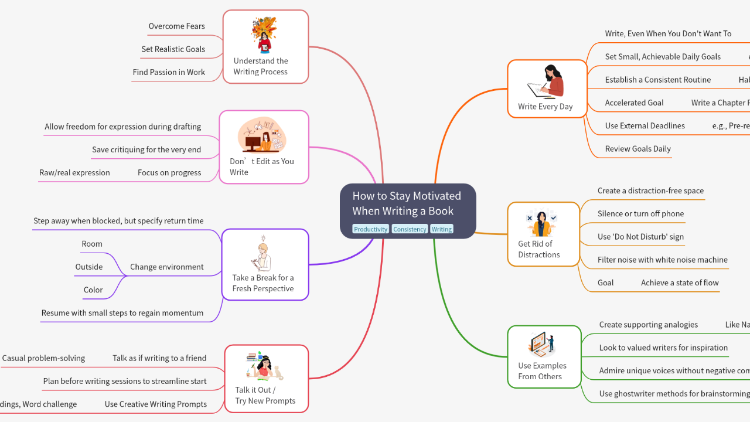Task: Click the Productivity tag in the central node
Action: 370,229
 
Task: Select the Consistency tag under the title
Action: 410,229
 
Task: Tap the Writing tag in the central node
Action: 442,229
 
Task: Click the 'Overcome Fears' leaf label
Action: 176,26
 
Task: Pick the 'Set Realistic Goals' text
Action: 173,49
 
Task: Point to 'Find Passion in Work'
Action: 169,72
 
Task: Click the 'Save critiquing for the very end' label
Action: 146,149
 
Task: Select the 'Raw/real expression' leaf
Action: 74,172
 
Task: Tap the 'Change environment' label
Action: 167,267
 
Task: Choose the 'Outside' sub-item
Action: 89,267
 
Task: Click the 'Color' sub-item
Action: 93,290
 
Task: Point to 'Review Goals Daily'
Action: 637,149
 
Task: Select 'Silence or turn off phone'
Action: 640,214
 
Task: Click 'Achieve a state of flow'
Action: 680,283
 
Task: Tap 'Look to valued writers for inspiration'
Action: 663,348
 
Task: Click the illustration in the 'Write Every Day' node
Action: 546,82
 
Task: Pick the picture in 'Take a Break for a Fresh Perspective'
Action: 262,254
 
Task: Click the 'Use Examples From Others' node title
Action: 542,371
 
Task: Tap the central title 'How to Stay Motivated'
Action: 407,203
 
